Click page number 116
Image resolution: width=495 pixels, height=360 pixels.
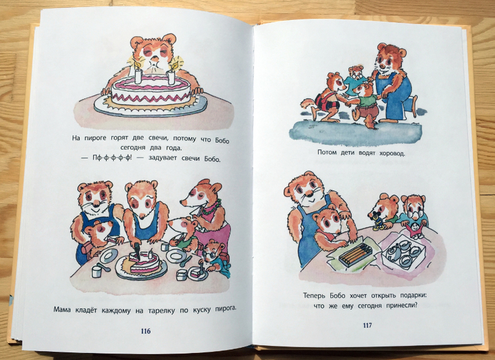[x=145, y=331]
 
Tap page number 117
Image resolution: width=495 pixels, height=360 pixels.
[x=367, y=325]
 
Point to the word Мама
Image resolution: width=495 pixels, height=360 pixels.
[x=62, y=309]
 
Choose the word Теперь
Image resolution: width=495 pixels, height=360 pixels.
[x=315, y=296]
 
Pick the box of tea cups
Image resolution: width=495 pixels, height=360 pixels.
[x=403, y=251]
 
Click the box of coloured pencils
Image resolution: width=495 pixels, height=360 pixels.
[x=355, y=255]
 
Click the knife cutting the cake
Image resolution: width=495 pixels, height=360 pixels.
[x=138, y=251]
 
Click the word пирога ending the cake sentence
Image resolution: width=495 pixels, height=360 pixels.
[x=226, y=308]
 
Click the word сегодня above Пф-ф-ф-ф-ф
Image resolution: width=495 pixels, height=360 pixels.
[x=132, y=147]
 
